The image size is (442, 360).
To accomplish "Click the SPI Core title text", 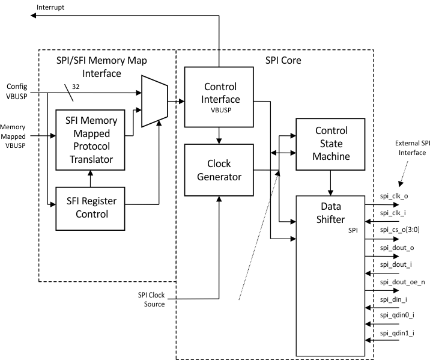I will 283,61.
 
